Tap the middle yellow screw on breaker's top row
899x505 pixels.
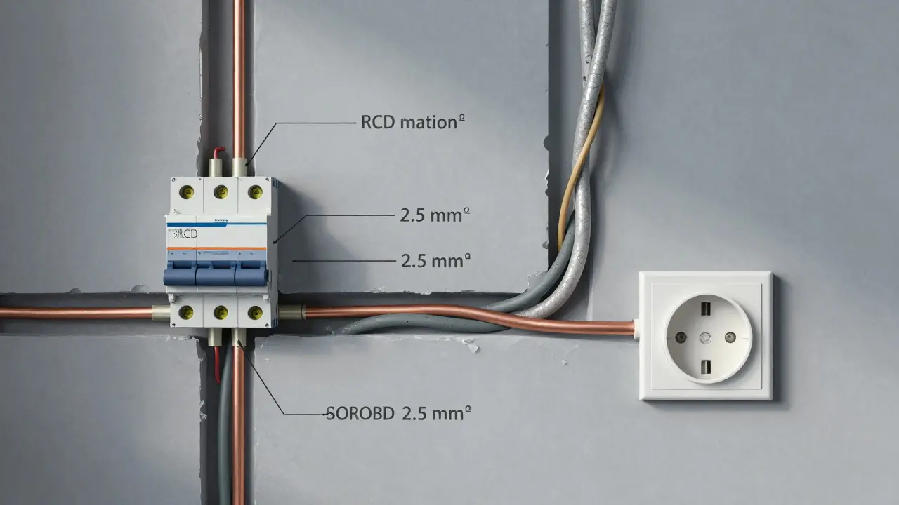[x=221, y=190]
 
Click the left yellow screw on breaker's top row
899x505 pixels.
[x=186, y=190]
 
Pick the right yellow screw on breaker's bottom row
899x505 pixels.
[x=255, y=311]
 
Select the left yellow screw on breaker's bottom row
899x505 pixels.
[x=187, y=311]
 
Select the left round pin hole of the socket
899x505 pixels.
[x=680, y=337]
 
